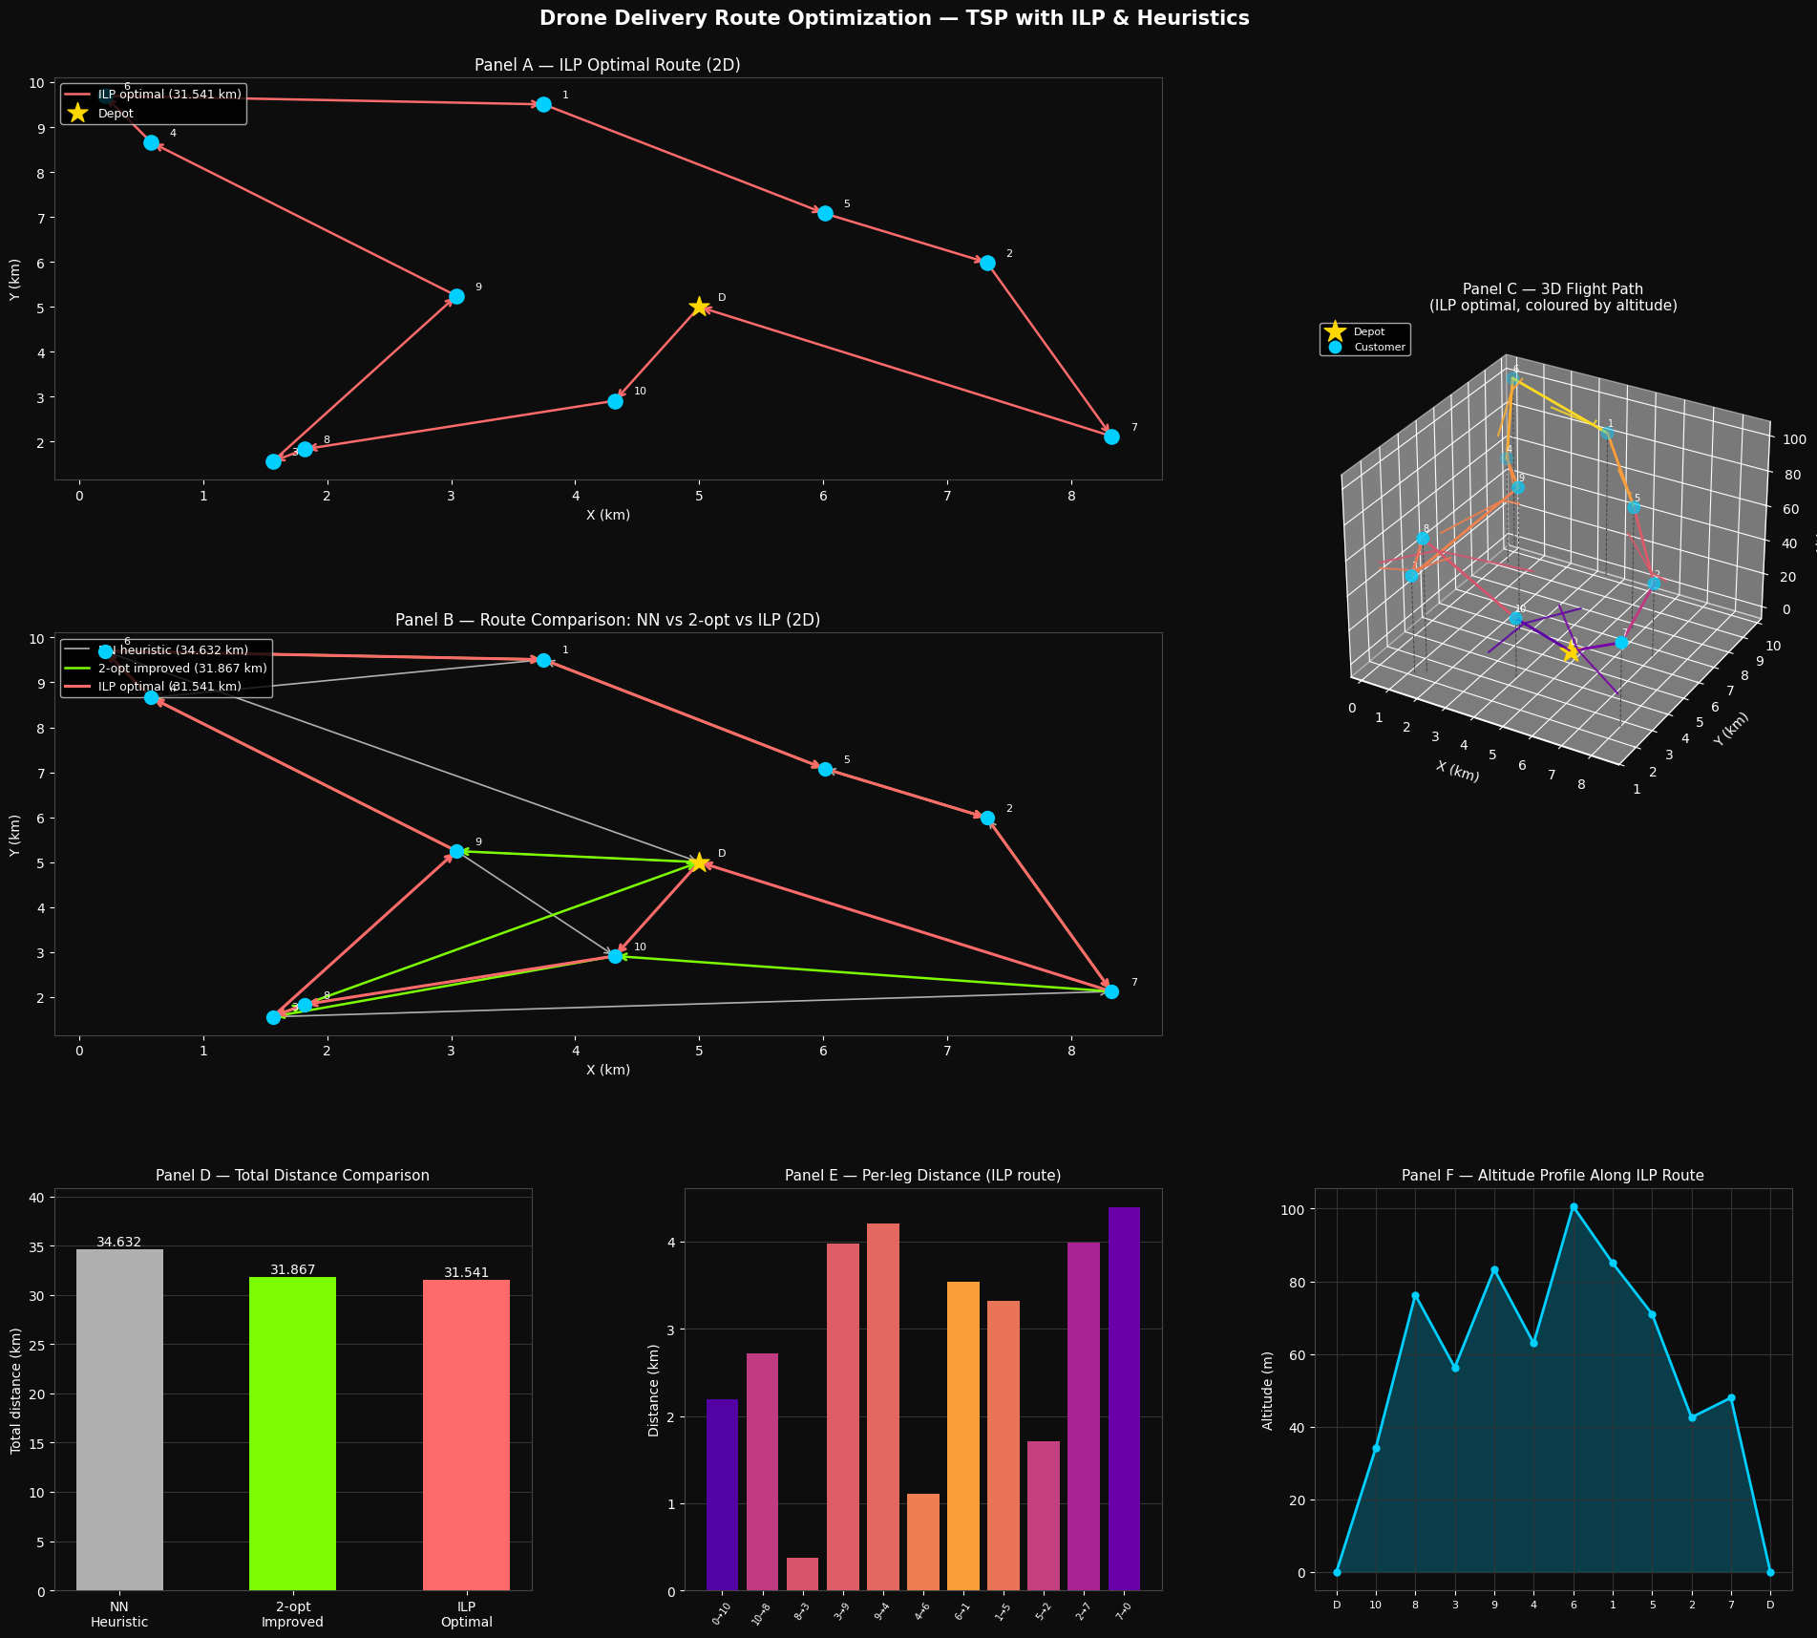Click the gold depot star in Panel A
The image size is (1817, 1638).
699,307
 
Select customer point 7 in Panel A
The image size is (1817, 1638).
1111,436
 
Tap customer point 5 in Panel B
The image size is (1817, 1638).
825,769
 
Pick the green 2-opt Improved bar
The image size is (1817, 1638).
292,1433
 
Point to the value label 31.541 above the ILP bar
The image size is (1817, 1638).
466,1272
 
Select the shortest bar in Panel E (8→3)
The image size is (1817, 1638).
802,1574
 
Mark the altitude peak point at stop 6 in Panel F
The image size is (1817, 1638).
1574,1207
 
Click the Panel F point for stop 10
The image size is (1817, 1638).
1376,1448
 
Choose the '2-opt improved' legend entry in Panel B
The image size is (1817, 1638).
172,669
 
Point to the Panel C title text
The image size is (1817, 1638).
1553,297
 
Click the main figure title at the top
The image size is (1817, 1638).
894,18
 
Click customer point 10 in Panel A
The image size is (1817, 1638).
615,401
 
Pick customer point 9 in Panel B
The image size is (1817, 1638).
456,851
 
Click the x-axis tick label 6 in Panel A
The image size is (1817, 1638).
823,497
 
